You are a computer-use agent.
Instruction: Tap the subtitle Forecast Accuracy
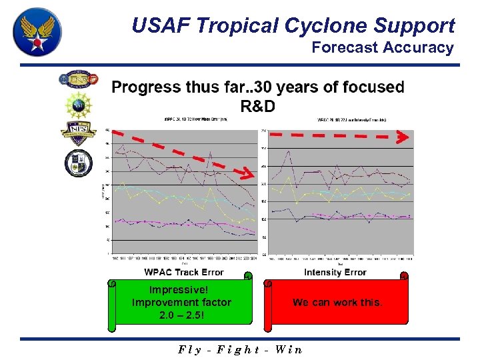[383, 47]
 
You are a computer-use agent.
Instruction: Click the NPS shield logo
[79, 131]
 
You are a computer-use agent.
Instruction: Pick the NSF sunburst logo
[79, 105]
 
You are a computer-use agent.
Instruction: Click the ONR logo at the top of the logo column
[79, 80]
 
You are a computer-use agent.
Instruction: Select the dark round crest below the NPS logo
[79, 163]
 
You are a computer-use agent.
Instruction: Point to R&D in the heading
[257, 106]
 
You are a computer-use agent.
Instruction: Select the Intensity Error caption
[335, 272]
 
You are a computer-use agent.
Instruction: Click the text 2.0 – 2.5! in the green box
[181, 315]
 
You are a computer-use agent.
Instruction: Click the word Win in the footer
[287, 349]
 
